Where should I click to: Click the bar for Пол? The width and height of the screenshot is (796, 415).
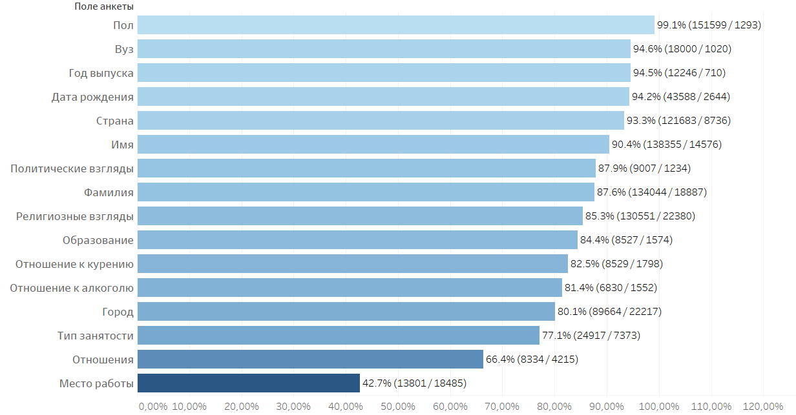click(395, 25)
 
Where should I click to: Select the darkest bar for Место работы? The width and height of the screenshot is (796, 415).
click(249, 383)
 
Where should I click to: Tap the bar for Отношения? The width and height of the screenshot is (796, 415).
click(310, 359)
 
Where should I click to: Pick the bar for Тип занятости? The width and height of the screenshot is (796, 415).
click(339, 336)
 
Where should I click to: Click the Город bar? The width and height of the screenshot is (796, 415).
click(346, 312)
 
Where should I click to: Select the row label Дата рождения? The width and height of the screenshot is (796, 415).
click(92, 97)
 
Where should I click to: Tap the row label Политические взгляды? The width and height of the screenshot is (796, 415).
click(72, 168)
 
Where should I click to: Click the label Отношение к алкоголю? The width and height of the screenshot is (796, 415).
click(72, 288)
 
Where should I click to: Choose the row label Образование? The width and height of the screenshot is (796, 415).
click(98, 240)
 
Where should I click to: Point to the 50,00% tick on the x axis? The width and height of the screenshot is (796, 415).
click(397, 406)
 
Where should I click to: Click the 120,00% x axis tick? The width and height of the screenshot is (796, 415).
click(763, 406)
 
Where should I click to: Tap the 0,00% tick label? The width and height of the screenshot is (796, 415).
click(153, 406)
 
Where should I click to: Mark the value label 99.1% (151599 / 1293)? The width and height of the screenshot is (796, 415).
click(709, 25)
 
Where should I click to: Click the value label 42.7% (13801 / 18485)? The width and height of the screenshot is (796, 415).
click(414, 383)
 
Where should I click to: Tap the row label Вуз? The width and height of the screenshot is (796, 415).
click(123, 49)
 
